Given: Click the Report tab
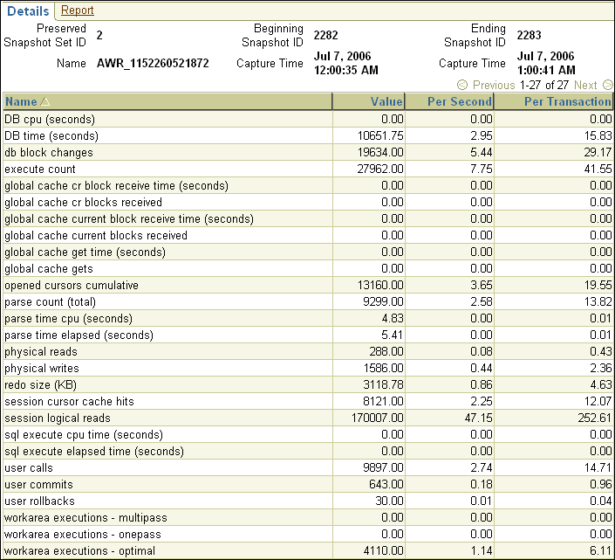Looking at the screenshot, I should (x=78, y=10).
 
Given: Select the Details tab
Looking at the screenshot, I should (x=27, y=10).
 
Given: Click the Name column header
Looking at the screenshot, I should (x=21, y=102).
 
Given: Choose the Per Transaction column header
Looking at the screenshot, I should (x=567, y=102).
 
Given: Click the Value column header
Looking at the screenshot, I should (x=386, y=102).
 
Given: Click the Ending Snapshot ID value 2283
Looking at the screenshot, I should (x=530, y=36).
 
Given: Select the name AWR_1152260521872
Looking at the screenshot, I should (x=153, y=64).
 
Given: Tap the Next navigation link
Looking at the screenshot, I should (x=585, y=86).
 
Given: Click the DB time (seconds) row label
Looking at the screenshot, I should (x=51, y=136).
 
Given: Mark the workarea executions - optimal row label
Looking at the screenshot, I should (x=80, y=551).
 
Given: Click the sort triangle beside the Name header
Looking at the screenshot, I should (x=45, y=102).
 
